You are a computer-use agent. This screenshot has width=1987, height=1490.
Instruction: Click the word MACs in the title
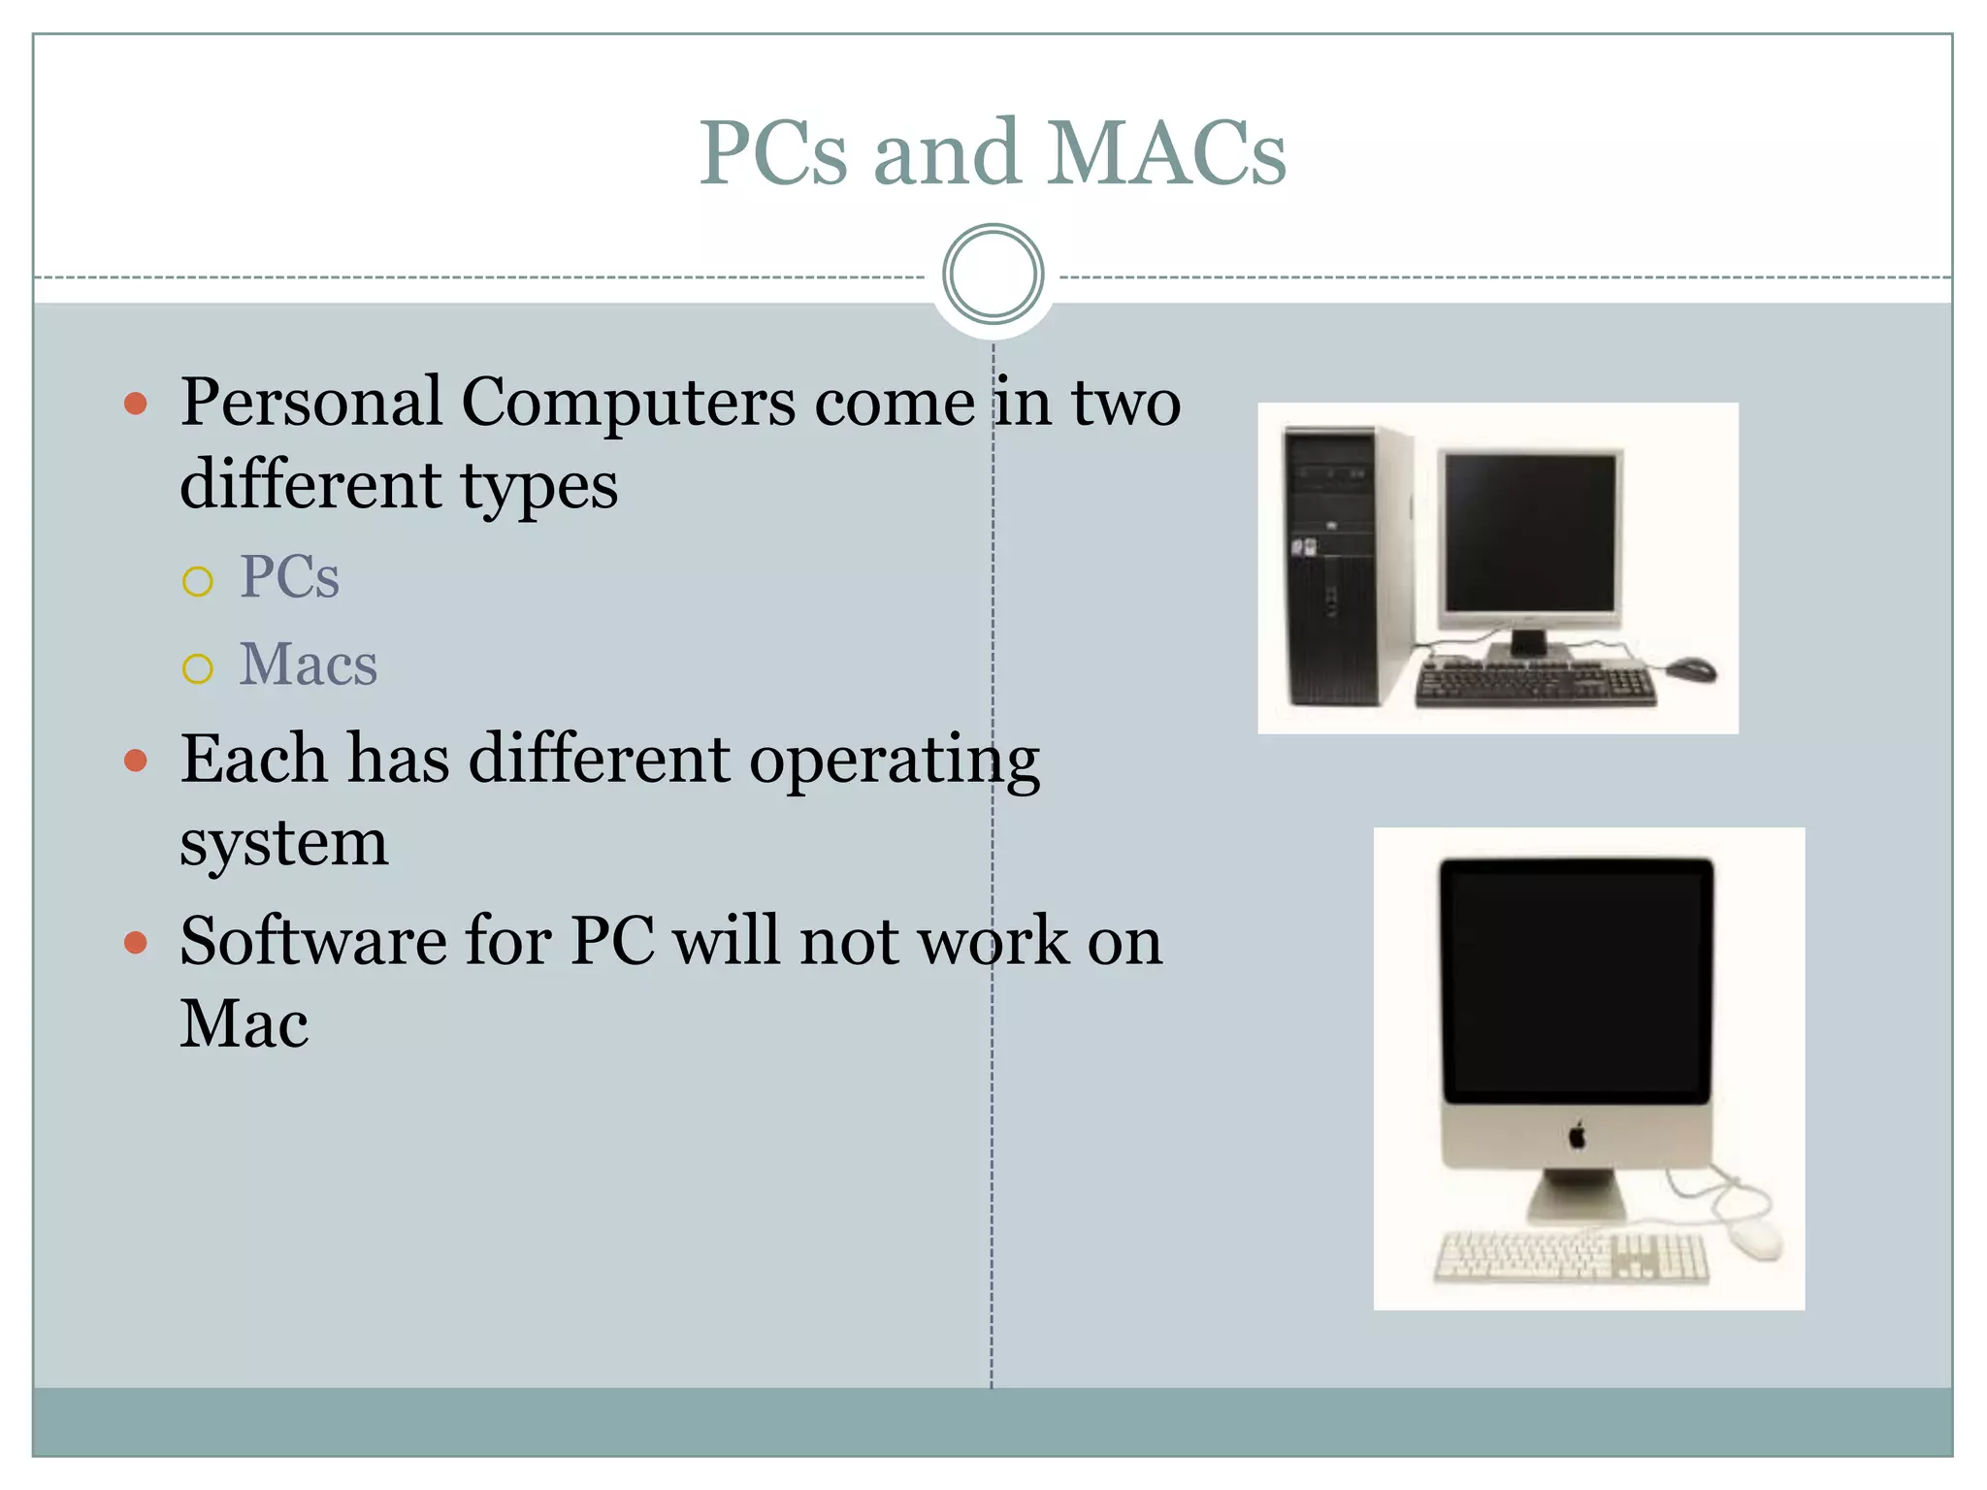[1166, 153]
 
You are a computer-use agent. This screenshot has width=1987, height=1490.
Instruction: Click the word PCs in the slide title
[773, 153]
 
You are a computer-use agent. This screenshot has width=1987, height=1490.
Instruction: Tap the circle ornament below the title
[993, 275]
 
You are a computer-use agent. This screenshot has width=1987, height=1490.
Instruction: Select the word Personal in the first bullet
[311, 402]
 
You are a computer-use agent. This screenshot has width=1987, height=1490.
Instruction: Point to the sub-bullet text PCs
[289, 577]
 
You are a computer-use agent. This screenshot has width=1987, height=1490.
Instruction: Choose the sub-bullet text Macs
[309, 664]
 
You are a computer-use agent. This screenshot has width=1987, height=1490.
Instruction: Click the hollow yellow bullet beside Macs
[197, 668]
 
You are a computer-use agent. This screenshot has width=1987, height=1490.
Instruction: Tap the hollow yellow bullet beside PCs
[197, 581]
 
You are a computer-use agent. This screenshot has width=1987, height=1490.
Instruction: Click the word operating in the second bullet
[894, 761]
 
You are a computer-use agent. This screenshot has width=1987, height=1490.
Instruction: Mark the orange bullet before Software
[136, 942]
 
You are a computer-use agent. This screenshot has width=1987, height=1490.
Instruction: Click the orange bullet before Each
[136, 761]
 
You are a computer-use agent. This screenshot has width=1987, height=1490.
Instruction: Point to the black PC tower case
[1334, 567]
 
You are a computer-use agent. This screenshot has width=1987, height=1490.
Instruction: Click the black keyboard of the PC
[1536, 685]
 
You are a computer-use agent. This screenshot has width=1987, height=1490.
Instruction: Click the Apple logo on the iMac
[1577, 1134]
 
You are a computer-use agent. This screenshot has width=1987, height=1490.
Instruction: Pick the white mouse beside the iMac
[1757, 1239]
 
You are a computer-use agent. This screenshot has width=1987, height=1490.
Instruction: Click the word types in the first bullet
[538, 485]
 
